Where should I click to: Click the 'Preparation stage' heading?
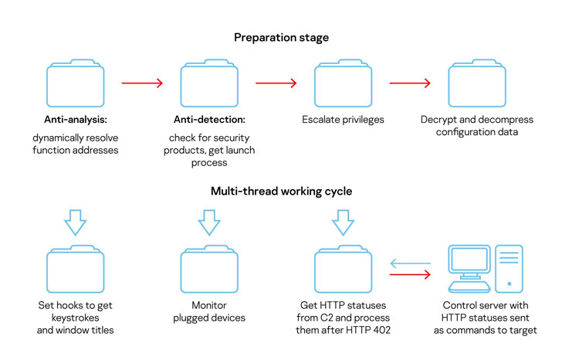pyautogui.click(x=281, y=36)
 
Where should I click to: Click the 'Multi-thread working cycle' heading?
pyautogui.click(x=281, y=192)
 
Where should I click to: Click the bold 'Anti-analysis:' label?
pyautogui.click(x=75, y=121)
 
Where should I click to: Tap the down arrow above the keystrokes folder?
pyautogui.click(x=75, y=222)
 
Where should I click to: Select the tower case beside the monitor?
pyautogui.click(x=509, y=267)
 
